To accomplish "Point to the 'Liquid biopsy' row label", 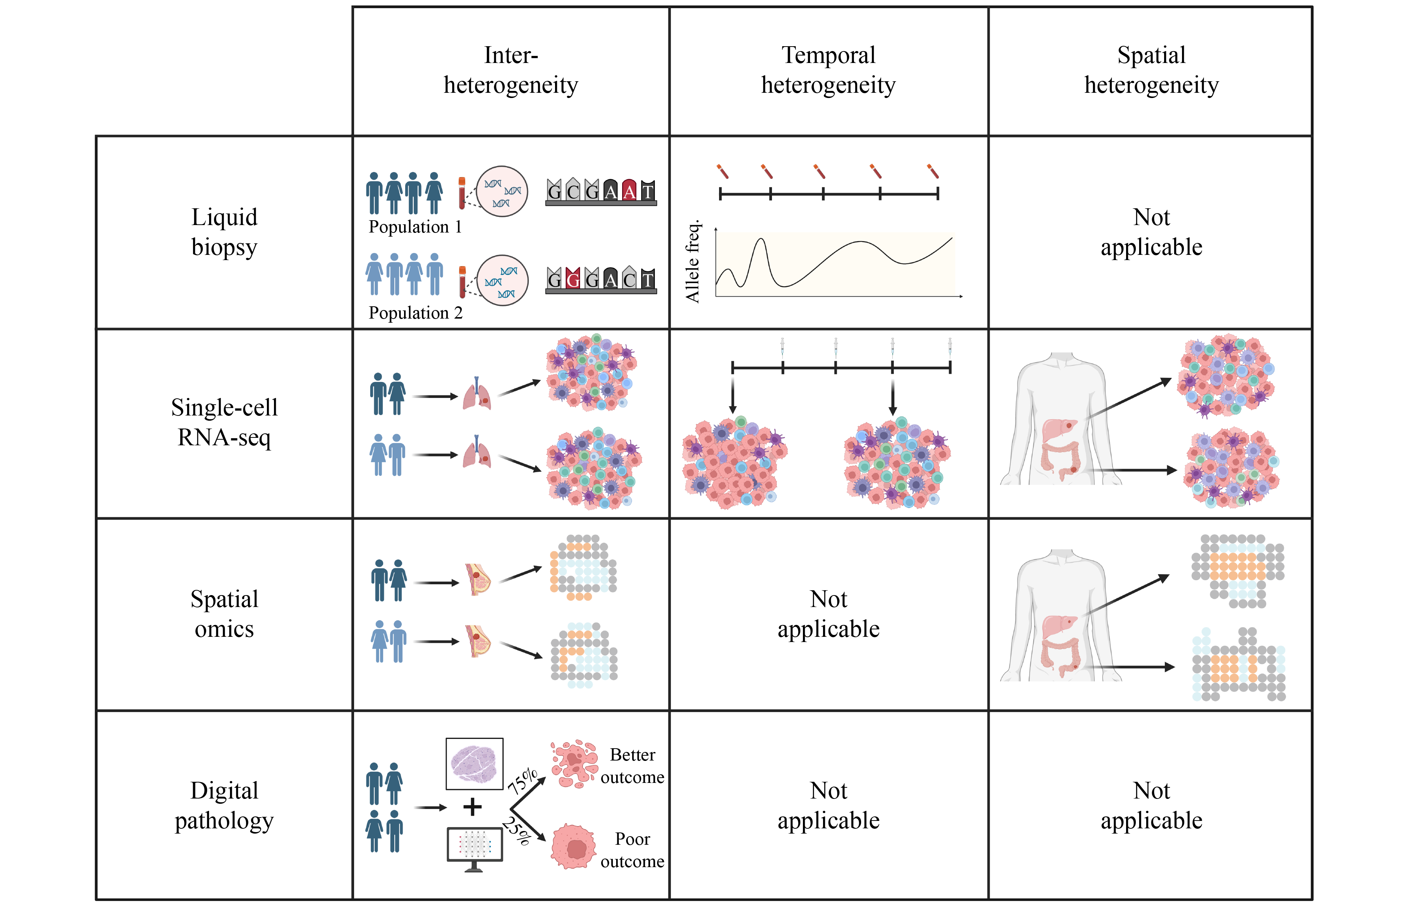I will [x=224, y=232].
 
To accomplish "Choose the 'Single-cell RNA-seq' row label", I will [x=224, y=422].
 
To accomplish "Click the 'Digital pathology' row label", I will [x=224, y=805].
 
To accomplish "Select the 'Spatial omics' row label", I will [x=224, y=614].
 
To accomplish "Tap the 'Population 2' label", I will [x=415, y=313].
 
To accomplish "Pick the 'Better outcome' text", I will [x=632, y=765].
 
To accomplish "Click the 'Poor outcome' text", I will [x=632, y=850].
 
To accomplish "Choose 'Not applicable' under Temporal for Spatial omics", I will [x=828, y=614].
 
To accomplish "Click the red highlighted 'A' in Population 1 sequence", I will [x=629, y=191].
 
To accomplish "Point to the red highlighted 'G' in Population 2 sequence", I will [x=573, y=279].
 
